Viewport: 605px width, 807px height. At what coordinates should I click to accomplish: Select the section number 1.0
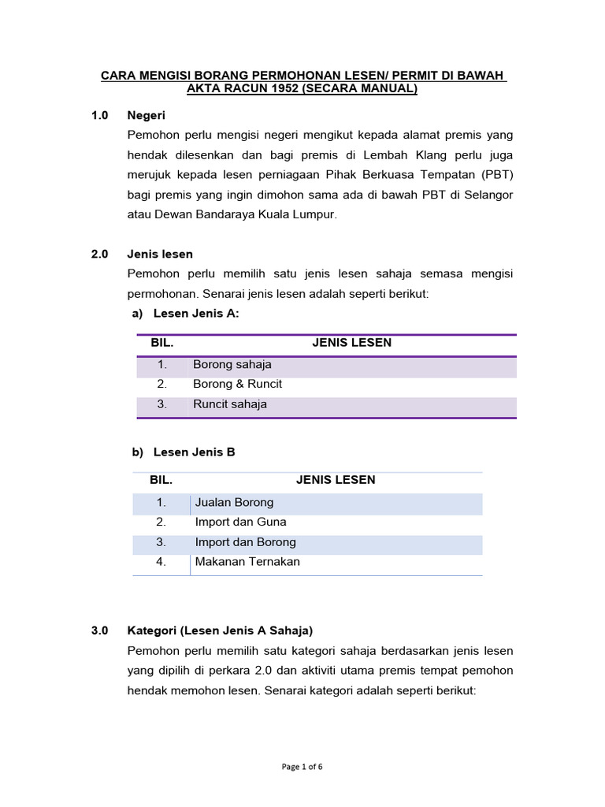[x=99, y=115]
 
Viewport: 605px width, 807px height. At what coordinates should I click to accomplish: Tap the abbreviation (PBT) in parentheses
[x=497, y=174]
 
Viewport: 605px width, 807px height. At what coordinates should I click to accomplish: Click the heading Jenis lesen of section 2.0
[x=160, y=254]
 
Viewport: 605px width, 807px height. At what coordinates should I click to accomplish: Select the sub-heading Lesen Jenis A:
[x=195, y=314]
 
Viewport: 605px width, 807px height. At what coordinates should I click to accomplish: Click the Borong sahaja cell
[x=232, y=364]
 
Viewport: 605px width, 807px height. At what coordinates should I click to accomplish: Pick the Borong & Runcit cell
[x=237, y=384]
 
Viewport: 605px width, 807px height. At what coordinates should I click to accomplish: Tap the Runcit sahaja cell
[x=230, y=404]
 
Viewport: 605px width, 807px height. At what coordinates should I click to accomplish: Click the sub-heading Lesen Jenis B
[x=194, y=452]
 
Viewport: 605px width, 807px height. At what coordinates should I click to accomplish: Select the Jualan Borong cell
[x=234, y=502]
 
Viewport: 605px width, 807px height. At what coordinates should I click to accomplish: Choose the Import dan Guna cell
[x=240, y=522]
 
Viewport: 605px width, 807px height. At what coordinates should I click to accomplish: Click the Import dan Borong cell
[x=245, y=542]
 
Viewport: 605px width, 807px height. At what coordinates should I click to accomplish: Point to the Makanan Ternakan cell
[x=247, y=562]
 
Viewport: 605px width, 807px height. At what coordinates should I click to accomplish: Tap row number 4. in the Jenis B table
[x=161, y=562]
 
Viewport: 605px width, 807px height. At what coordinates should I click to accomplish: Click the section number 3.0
[x=99, y=630]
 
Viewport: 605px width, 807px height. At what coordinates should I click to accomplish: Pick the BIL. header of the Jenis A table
[x=161, y=343]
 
